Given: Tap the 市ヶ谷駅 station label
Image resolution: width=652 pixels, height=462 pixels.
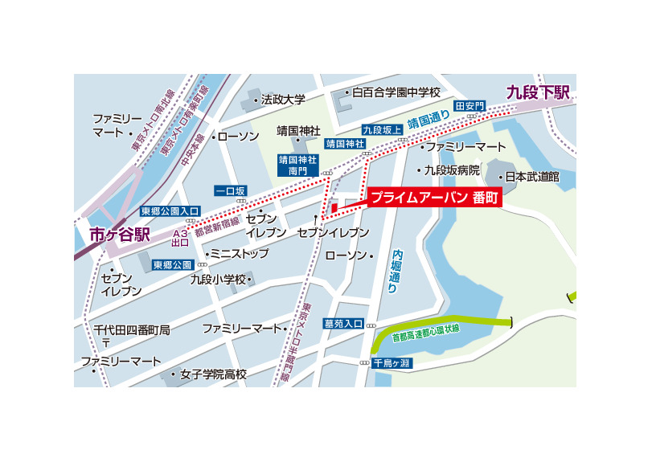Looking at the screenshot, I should [x=120, y=235].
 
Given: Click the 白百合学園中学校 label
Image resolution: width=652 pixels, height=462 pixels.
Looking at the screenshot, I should [x=396, y=92].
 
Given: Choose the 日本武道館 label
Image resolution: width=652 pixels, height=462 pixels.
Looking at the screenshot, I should [x=531, y=176].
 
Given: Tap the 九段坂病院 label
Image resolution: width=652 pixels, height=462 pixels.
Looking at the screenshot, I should [x=453, y=170].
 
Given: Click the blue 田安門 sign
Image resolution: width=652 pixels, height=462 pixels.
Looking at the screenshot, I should [x=470, y=105].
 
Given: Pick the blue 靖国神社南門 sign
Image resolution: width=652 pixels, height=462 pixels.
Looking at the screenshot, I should [x=293, y=165].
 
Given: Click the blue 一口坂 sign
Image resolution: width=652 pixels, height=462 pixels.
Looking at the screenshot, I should [x=230, y=190].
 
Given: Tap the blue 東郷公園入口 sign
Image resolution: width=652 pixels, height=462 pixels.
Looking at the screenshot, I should [x=170, y=211].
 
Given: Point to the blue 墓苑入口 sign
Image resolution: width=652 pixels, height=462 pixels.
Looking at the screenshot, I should [x=344, y=323].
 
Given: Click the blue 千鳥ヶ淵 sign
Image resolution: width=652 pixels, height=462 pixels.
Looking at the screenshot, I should [x=392, y=362].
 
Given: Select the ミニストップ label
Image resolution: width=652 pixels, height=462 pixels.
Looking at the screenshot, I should [x=241, y=253].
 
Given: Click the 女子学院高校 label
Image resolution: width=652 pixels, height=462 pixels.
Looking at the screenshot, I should [x=213, y=374].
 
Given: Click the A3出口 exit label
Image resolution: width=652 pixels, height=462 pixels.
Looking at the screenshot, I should [x=180, y=237].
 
